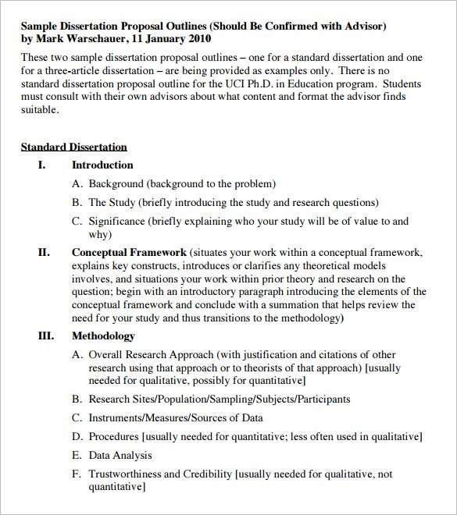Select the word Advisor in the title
click(358, 26)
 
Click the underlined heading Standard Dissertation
click(73, 147)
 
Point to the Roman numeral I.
click(42, 165)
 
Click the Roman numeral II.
click(44, 252)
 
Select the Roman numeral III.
click(45, 336)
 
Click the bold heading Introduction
click(102, 165)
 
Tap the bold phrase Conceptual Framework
click(129, 252)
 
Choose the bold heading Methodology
click(103, 336)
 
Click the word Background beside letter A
click(116, 184)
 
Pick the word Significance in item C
click(117, 221)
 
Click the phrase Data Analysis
click(120, 455)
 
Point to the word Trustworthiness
click(128, 474)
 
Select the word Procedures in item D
click(113, 436)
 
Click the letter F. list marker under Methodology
click(76, 474)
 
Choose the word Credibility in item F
click(207, 474)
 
